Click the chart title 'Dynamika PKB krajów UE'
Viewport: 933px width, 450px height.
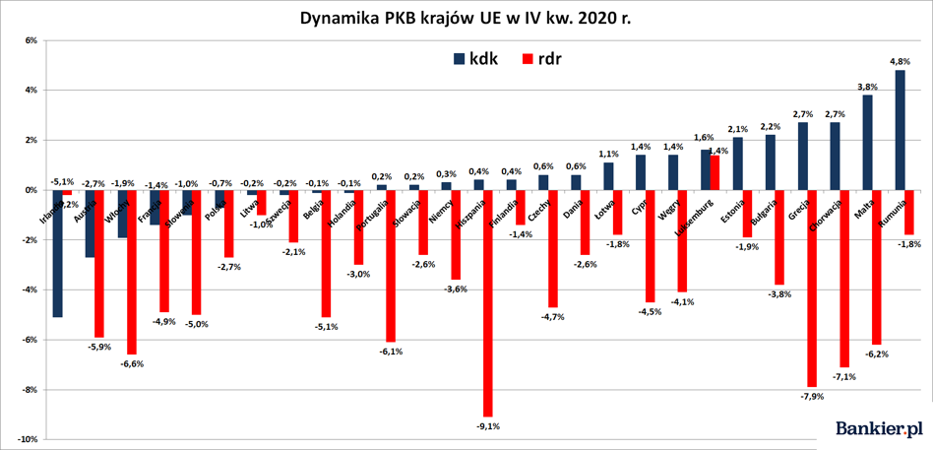[x=466, y=19]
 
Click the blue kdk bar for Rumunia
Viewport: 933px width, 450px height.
[x=900, y=130]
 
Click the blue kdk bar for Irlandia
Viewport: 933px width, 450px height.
[x=57, y=253]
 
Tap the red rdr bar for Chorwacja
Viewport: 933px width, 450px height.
[x=844, y=278]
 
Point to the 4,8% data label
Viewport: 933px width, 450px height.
[x=900, y=61]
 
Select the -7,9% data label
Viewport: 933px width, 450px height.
[x=813, y=396]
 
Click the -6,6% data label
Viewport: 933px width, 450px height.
[x=132, y=363]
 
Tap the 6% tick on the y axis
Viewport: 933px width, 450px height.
[x=30, y=40]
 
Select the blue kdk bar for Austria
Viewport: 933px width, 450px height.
[x=90, y=224]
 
